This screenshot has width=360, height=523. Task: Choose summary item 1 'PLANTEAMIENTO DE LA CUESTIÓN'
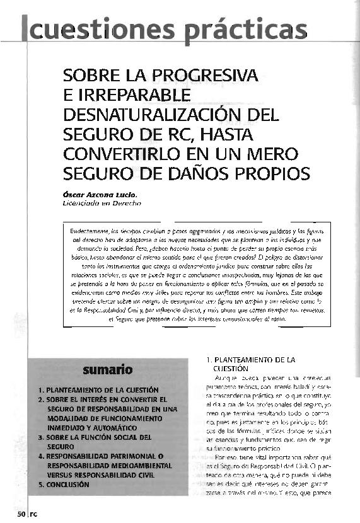[x=102, y=389]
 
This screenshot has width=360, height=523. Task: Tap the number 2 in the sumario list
[x=40, y=399]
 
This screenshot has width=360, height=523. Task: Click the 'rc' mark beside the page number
[x=34, y=514]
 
